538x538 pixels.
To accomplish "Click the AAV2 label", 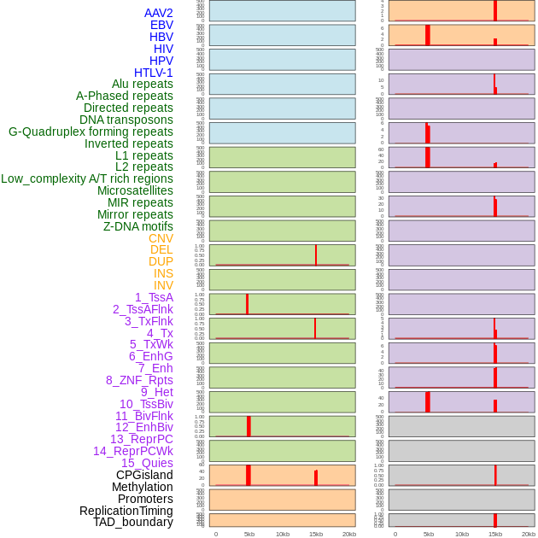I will (x=158, y=13).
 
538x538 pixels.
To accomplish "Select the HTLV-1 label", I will (x=153, y=73).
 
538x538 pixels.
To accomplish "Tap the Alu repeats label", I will (x=142, y=84).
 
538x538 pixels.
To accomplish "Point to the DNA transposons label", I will (x=126, y=120).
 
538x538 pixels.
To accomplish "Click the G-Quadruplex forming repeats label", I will (x=91, y=132).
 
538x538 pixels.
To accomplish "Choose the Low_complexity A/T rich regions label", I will (x=87, y=178).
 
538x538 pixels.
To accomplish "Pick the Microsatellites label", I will (x=135, y=190).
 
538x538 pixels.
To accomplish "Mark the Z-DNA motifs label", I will (x=137, y=226).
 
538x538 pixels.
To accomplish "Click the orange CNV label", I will (x=161, y=238).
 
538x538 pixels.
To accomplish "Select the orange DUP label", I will (x=161, y=261).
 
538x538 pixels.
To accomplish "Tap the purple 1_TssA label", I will (x=154, y=297).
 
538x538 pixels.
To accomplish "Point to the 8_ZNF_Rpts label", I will (x=139, y=380).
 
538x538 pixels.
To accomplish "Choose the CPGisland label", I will (x=144, y=475).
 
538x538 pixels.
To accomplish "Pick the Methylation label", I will (x=142, y=487).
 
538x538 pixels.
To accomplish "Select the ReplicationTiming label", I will (x=126, y=511).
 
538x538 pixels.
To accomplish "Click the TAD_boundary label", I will (x=133, y=522).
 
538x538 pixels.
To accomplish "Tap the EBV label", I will (x=161, y=25).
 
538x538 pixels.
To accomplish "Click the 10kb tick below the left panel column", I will (x=283, y=534).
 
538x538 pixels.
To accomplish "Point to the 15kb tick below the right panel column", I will (x=495, y=534).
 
